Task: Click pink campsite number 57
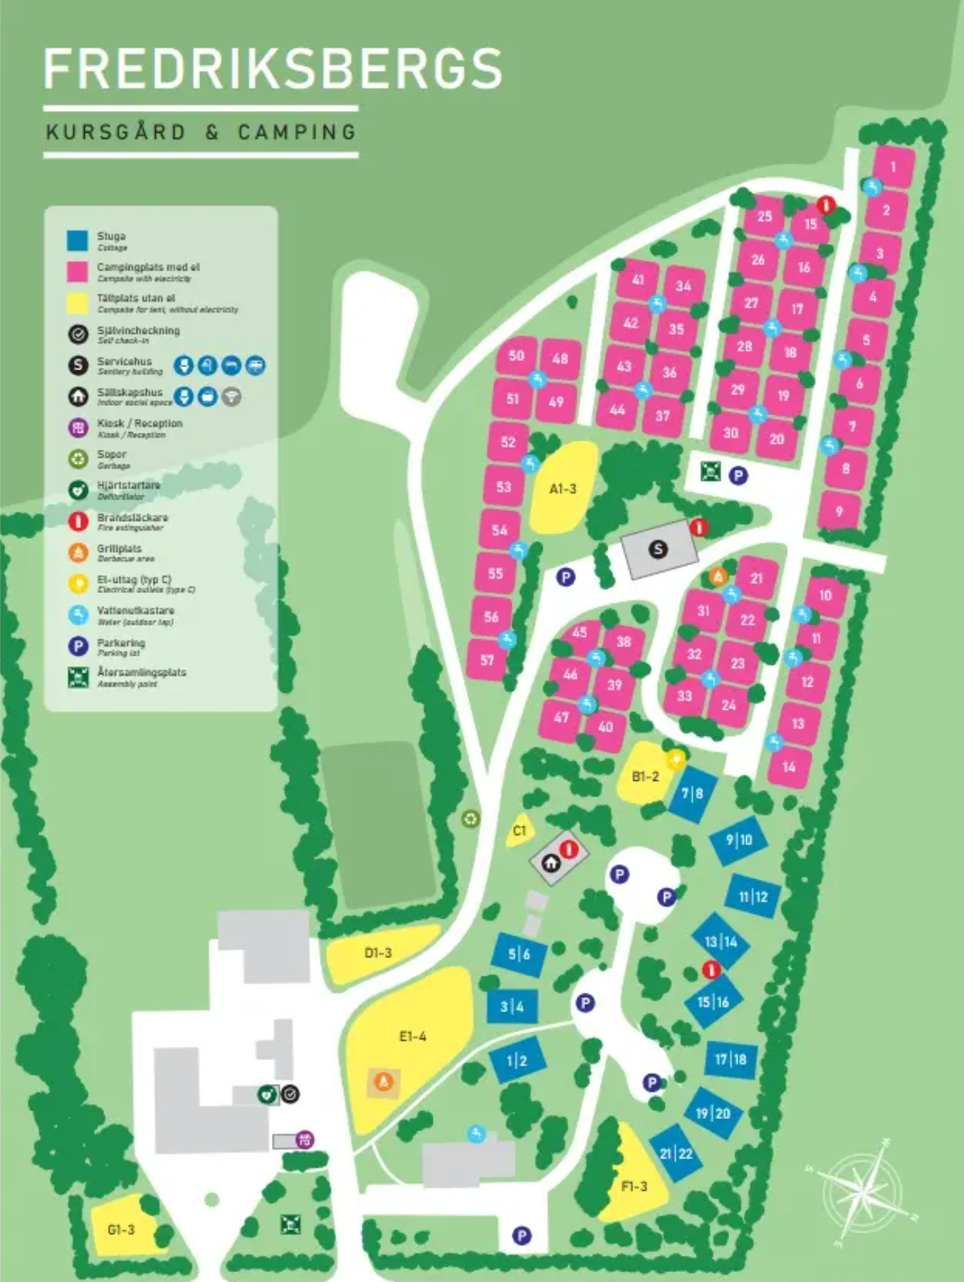click(486, 660)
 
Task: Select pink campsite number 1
click(893, 167)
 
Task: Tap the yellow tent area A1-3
click(562, 488)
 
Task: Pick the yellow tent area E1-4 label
click(412, 1036)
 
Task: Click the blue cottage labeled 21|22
click(676, 1153)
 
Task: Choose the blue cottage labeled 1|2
click(517, 1061)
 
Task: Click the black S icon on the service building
click(659, 548)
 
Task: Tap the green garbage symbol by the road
click(470, 819)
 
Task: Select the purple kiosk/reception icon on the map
click(305, 1140)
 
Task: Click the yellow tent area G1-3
click(121, 1230)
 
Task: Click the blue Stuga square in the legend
click(78, 241)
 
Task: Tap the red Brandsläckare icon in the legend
click(78, 521)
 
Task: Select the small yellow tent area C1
click(519, 830)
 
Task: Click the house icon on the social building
click(550, 863)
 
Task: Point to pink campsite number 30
click(730, 432)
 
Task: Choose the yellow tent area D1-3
click(378, 952)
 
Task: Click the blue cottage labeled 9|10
click(739, 840)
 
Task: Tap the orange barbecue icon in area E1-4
click(384, 1082)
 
